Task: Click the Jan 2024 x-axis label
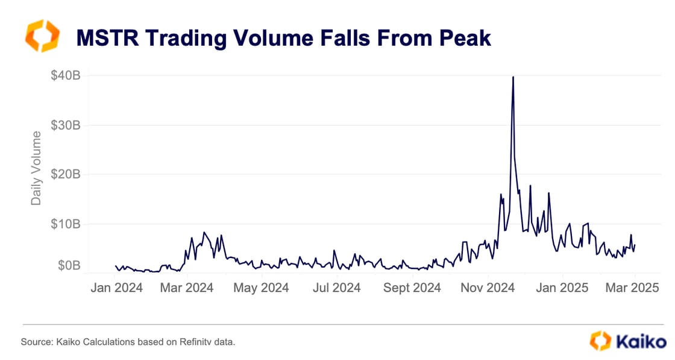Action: point(116,288)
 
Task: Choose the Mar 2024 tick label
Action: point(187,288)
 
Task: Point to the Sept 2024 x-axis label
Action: point(412,288)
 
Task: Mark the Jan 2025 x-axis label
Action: point(563,288)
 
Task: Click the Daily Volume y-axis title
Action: point(37,168)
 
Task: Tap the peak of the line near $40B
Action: point(513,77)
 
